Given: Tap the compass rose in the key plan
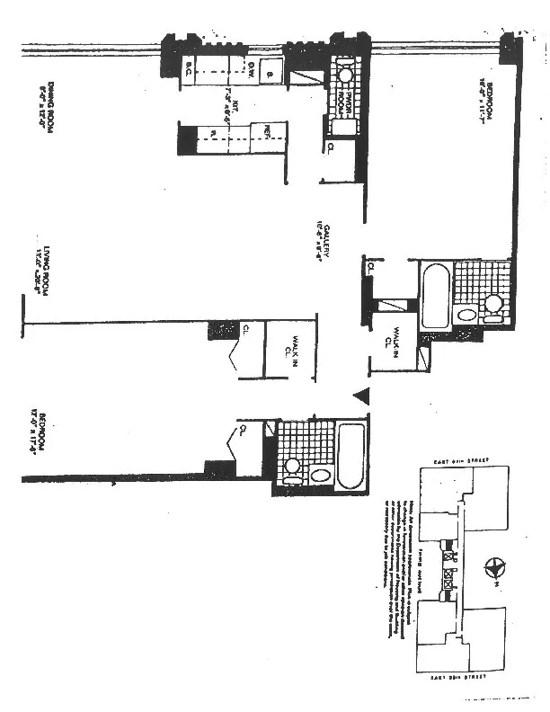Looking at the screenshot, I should (492, 567).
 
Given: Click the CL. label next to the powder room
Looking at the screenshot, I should (332, 147).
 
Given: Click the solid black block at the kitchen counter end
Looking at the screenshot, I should (187, 138).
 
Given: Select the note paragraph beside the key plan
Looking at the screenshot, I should (395, 565).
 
